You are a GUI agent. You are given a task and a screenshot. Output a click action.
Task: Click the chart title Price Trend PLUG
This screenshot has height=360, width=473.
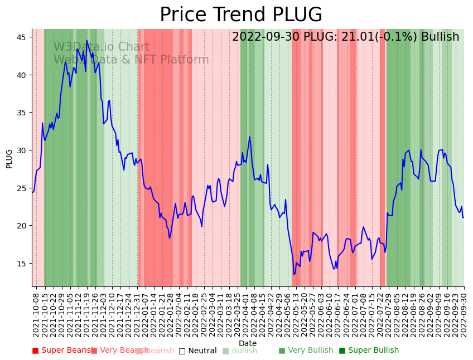tap(241, 15)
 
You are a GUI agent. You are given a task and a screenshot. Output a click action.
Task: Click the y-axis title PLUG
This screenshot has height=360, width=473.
tap(9, 158)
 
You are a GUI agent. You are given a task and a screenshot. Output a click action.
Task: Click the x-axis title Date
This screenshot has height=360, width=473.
tap(248, 343)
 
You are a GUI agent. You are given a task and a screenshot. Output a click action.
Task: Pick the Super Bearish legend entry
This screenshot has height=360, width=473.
tap(63, 351)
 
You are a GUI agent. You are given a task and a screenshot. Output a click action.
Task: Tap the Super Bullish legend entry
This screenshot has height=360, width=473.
tap(369, 351)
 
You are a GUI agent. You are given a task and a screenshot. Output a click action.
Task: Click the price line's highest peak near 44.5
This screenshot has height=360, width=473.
tap(86, 41)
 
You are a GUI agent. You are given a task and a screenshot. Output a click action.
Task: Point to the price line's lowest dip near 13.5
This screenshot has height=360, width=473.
tap(294, 274)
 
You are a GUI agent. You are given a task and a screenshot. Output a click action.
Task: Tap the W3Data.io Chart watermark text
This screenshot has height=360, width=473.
tap(102, 47)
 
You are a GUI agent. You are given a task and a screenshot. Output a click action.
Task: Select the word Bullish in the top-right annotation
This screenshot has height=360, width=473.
tap(440, 37)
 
